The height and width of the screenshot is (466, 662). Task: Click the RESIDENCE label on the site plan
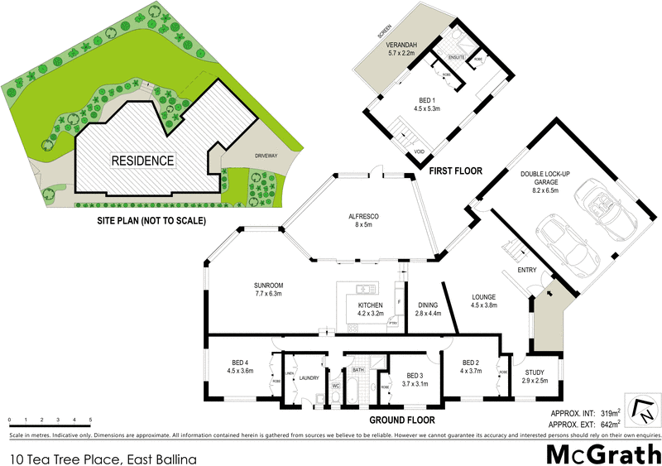tap(143, 161)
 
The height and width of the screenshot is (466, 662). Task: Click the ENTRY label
tap(527, 270)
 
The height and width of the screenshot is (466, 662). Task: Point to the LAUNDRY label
tap(309, 378)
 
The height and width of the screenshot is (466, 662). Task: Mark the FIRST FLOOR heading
tap(455, 171)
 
